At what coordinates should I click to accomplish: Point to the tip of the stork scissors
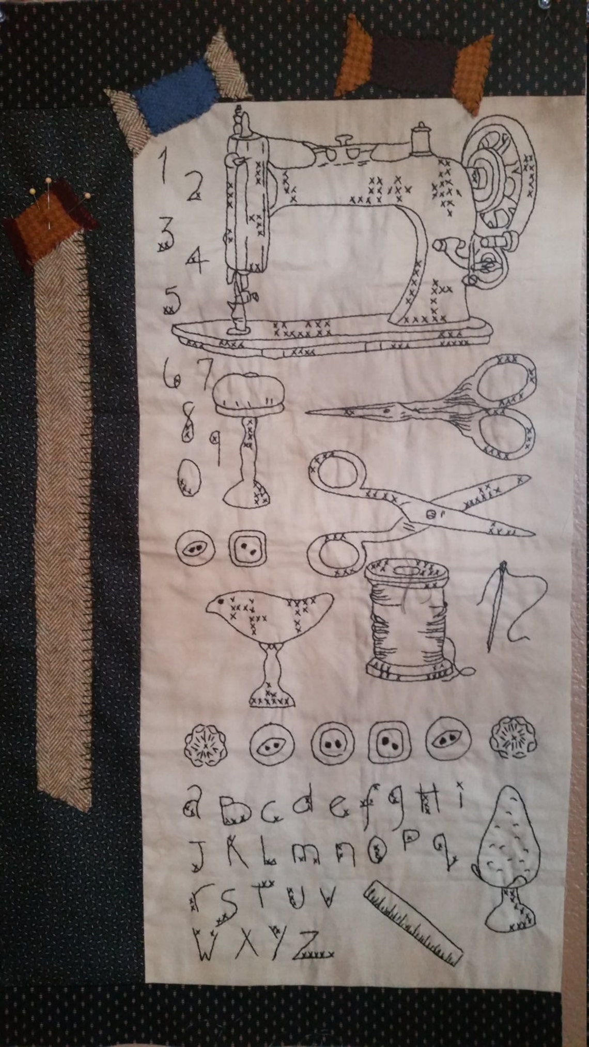pyautogui.click(x=310, y=412)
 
